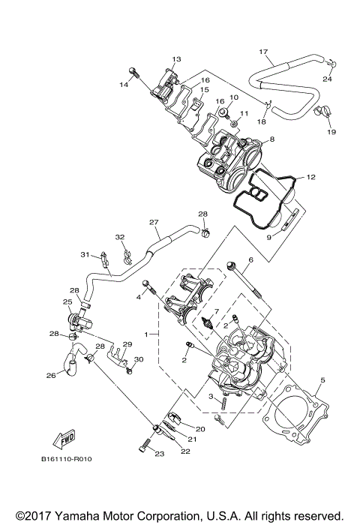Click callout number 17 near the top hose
[263, 52]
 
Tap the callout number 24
[326, 79]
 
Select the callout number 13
[177, 58]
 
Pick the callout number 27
[154, 222]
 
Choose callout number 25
[67, 302]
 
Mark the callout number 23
[159, 454]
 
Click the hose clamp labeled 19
[323, 113]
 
